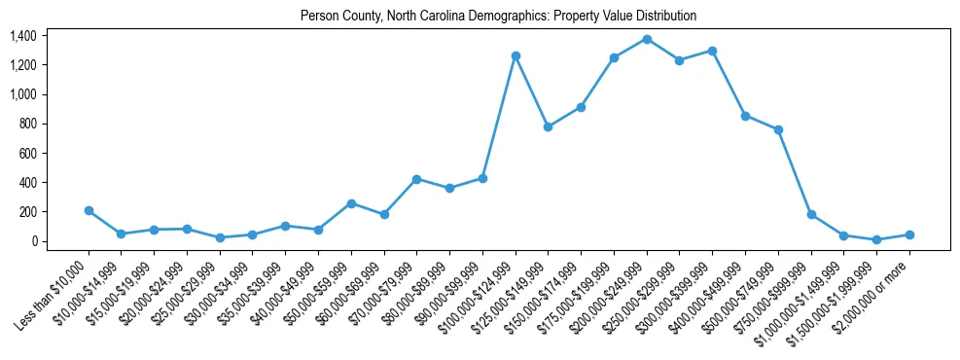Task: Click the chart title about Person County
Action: tap(498, 16)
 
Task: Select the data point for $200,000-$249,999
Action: tap(647, 39)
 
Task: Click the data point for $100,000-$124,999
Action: tap(516, 55)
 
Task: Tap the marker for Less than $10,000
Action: tap(89, 210)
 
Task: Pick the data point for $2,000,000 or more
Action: tap(909, 234)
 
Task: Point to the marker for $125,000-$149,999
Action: tap(548, 126)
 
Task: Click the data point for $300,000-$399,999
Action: tap(712, 51)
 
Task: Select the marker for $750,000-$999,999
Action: tap(811, 214)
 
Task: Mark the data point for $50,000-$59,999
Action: tap(351, 203)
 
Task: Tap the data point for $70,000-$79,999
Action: tap(416, 179)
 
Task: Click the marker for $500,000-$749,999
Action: tap(778, 129)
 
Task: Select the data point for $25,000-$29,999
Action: tap(220, 237)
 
